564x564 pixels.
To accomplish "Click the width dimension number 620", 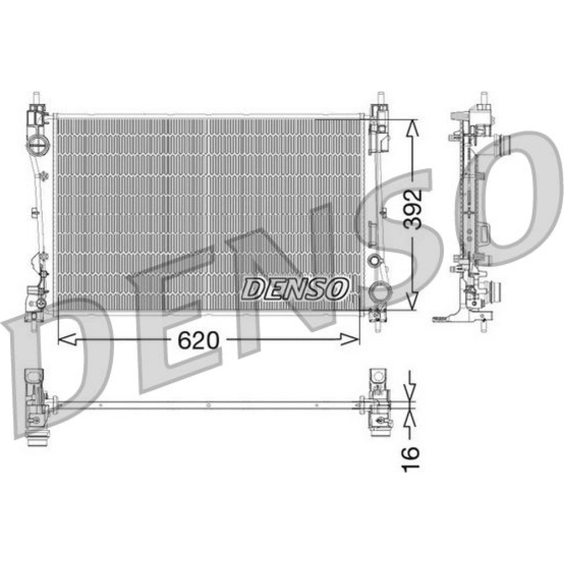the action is (198, 340).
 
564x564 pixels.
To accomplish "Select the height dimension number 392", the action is (412, 209).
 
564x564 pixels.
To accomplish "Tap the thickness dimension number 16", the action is (411, 457).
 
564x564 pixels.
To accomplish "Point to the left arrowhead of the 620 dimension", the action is (67, 339).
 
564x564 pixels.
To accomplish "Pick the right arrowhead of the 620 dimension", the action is (350, 339).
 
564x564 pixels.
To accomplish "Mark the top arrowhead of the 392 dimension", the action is (412, 128).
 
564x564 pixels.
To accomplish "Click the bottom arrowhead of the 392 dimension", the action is (412, 301).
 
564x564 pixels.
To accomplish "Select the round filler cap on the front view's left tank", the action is (37, 145).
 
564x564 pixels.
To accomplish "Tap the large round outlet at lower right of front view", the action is (380, 292).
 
